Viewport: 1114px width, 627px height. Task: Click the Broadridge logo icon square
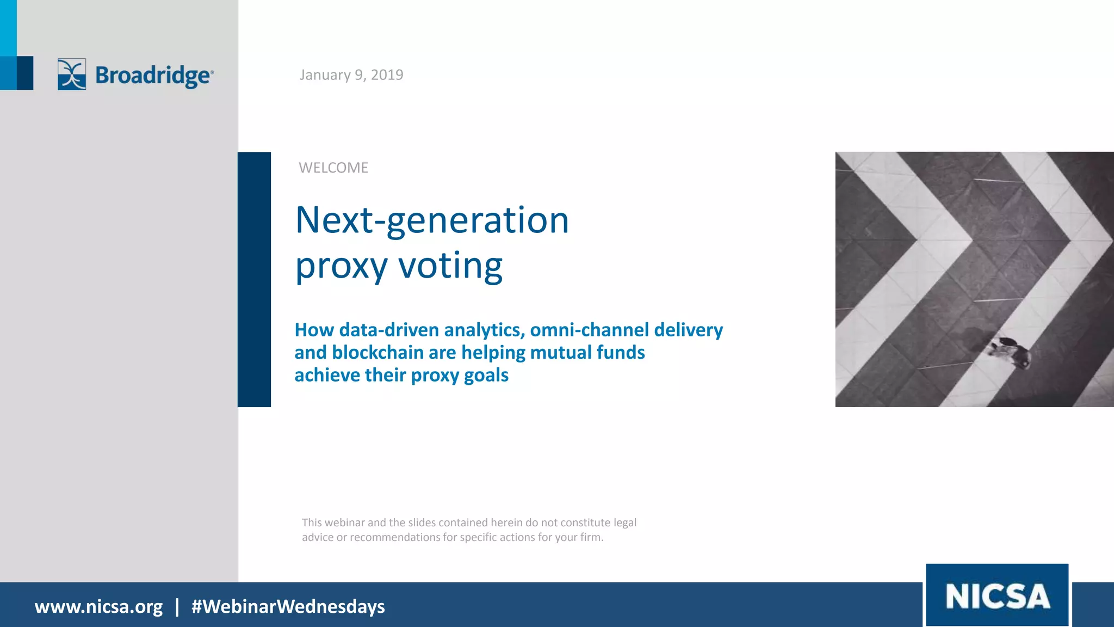72,74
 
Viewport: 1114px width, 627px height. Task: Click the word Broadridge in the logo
153,75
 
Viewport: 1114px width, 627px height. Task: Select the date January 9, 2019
351,75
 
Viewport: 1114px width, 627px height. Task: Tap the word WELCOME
333,168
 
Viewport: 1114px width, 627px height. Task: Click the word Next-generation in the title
432,220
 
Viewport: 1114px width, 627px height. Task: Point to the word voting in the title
450,266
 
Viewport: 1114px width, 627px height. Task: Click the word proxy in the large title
341,267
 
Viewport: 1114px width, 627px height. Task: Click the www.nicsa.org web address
98,606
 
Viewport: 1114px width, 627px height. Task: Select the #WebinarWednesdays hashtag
288,606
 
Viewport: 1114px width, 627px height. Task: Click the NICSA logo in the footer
997,595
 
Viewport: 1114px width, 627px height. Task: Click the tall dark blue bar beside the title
254,279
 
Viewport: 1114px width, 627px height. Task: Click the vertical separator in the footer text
177,606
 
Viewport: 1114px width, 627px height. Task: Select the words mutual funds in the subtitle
587,353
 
